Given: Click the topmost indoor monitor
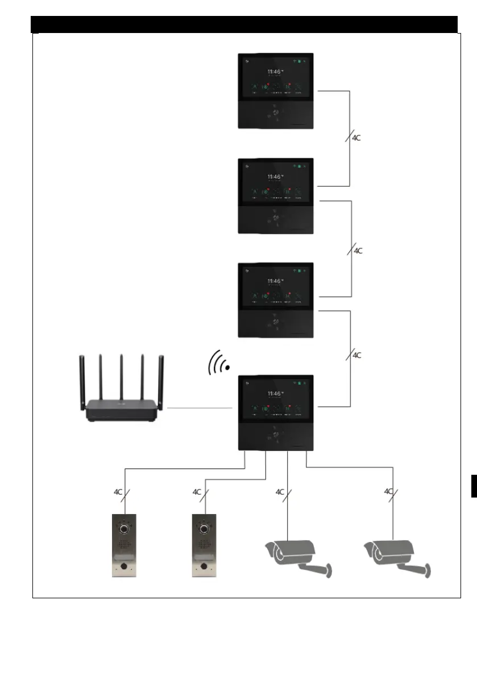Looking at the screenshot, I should click(276, 92).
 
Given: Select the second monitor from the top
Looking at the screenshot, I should click(276, 196).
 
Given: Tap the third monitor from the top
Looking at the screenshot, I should click(276, 301).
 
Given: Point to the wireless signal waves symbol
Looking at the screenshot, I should click(219, 363).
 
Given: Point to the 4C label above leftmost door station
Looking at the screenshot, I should click(118, 492).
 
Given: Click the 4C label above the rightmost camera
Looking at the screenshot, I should click(388, 491).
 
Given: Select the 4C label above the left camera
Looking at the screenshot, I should click(279, 492).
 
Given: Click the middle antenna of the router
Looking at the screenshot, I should click(121, 376).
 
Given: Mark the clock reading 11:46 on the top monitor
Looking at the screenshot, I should click(275, 72).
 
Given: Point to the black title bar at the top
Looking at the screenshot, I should click(244, 24).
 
